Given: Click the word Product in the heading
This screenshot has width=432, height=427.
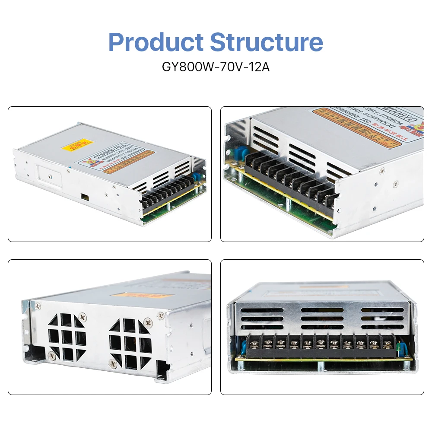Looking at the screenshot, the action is [x=156, y=42].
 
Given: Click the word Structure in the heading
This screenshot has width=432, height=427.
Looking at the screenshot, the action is [x=267, y=42].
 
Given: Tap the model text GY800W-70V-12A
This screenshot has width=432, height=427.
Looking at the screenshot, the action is [x=216, y=67].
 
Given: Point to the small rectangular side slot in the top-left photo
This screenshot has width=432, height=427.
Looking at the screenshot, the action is [x=84, y=197].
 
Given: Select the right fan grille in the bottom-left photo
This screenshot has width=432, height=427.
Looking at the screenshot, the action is [x=130, y=343].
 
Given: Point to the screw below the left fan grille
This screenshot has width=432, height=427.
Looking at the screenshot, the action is [x=52, y=355].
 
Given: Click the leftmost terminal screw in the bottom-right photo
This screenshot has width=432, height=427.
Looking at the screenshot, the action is [x=254, y=344].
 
